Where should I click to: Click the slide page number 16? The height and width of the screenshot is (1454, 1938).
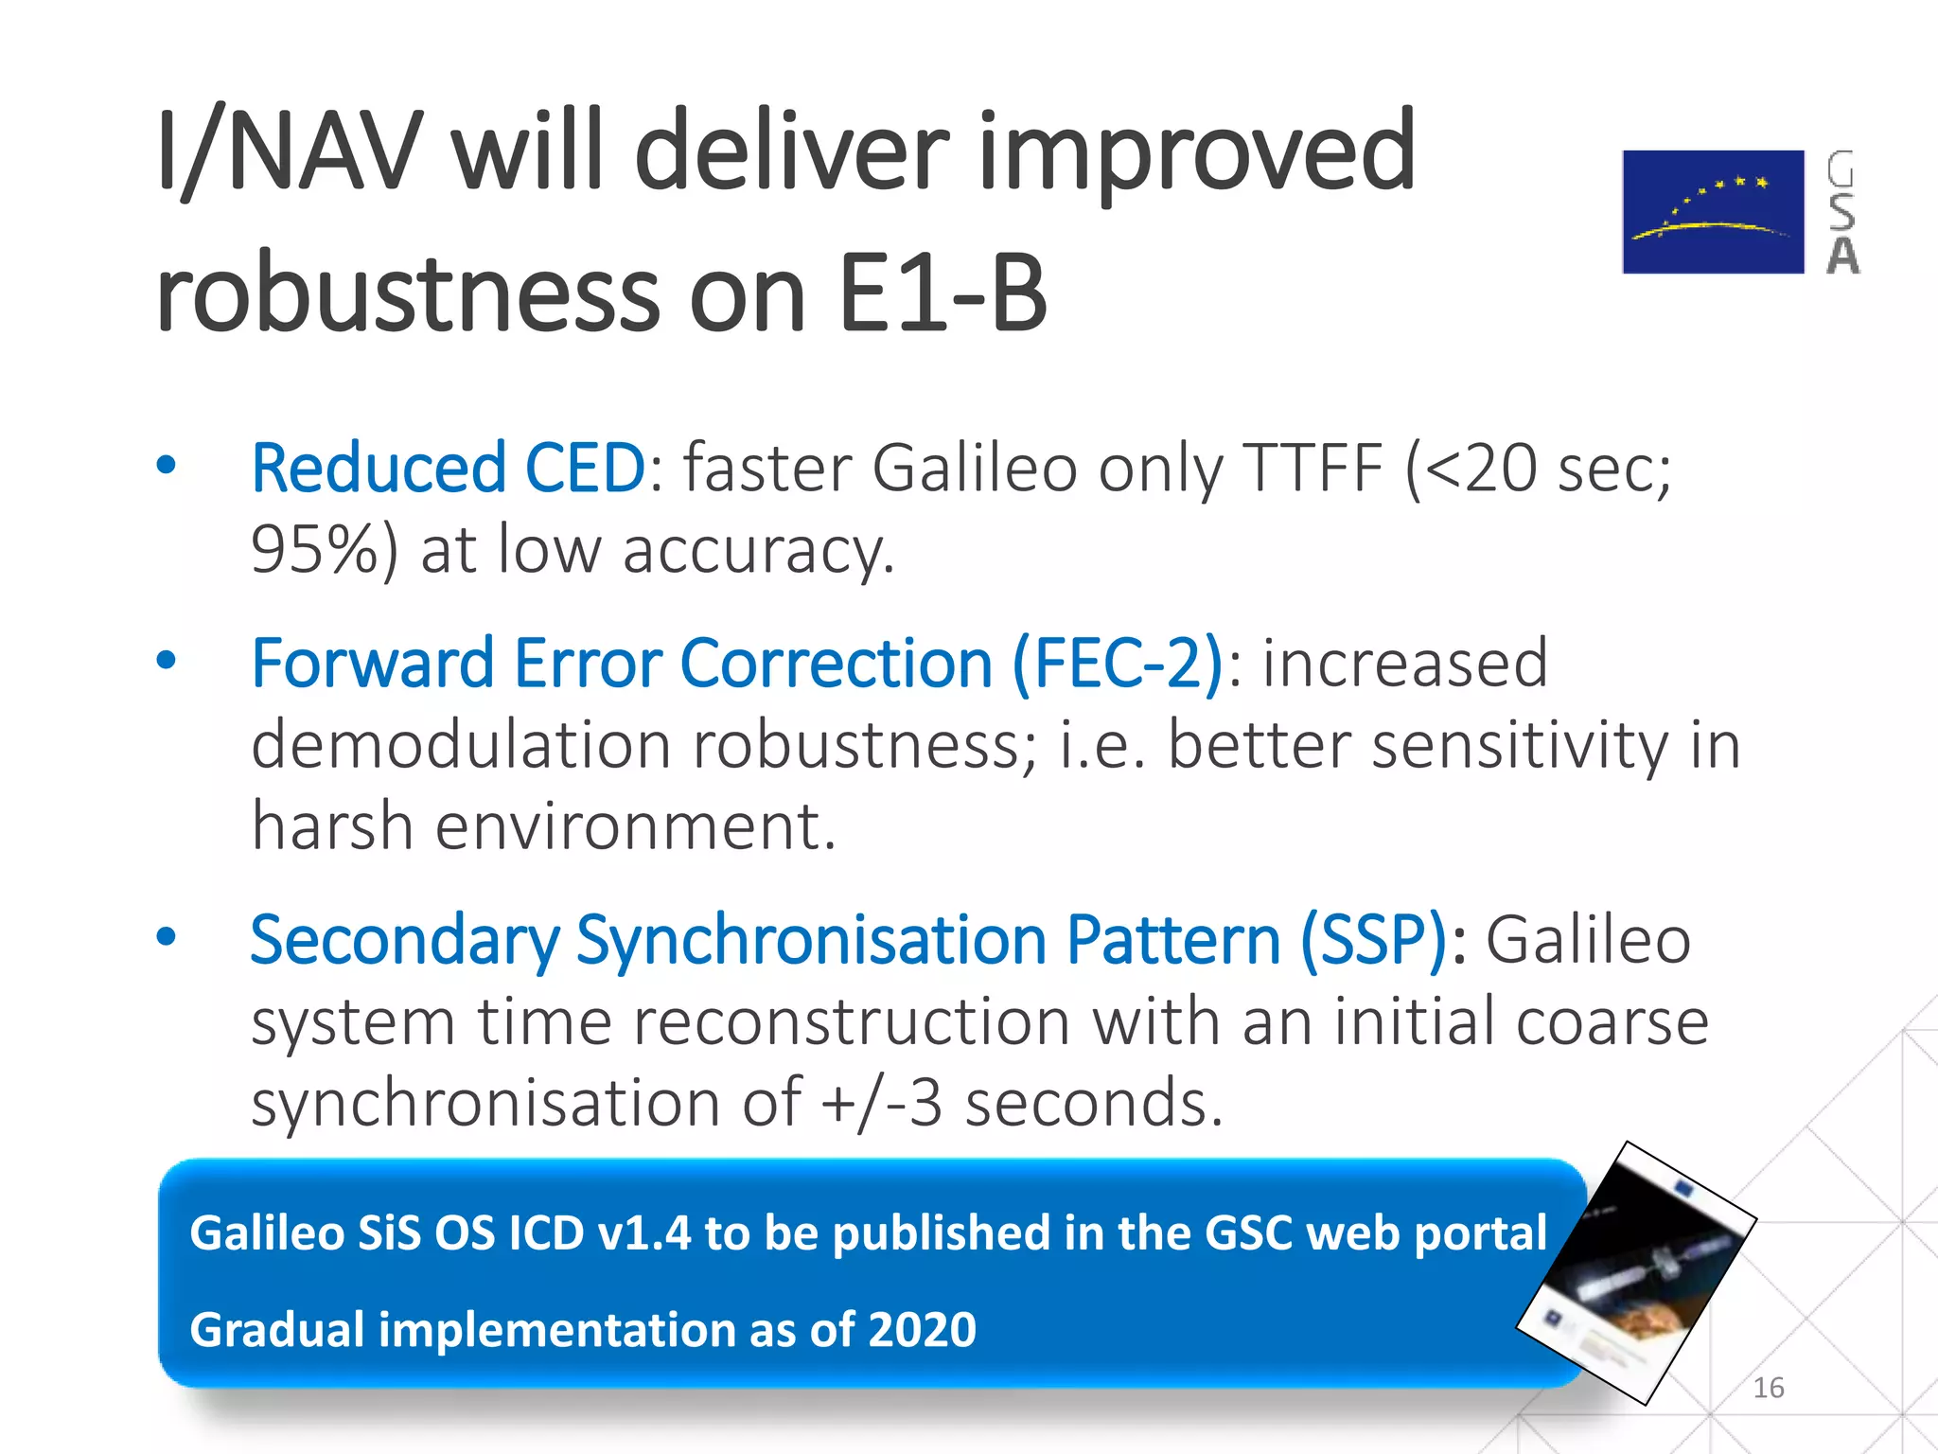[1768, 1388]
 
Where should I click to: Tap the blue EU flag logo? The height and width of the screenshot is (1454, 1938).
[1713, 211]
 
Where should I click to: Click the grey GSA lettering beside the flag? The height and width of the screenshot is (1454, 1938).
[1841, 212]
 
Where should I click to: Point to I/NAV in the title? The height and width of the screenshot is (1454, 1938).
[289, 151]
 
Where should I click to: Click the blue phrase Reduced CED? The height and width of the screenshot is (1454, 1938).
[448, 468]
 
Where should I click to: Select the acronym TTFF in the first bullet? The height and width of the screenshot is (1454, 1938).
[1315, 468]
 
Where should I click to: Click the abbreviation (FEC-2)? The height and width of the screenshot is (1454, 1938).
[1118, 662]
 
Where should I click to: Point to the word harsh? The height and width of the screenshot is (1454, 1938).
[332, 825]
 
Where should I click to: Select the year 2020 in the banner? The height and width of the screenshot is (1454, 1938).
[922, 1329]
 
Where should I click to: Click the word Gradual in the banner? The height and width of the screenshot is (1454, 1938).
[276, 1329]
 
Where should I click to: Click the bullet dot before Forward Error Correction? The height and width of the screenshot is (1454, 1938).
[167, 660]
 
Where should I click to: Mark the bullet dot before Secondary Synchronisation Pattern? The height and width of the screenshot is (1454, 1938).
[167, 937]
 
